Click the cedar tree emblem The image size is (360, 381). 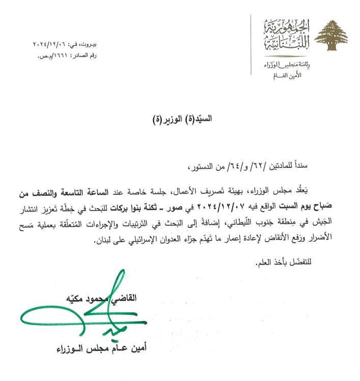click(331, 37)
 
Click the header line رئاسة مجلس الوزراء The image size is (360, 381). click(282, 66)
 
